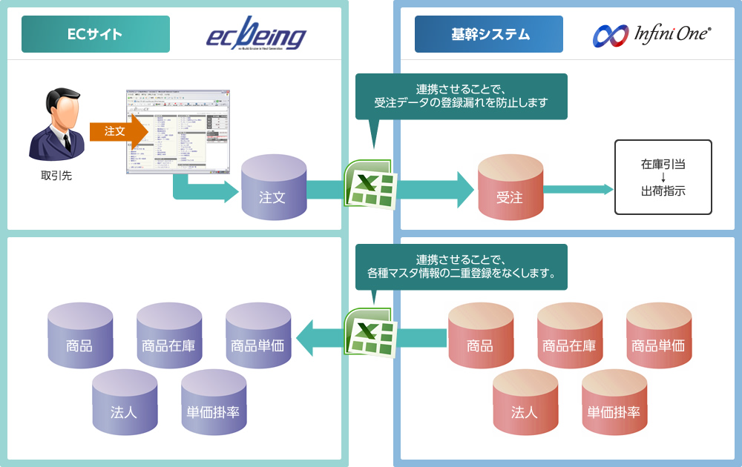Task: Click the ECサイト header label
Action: click(95, 34)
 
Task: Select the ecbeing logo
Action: click(256, 35)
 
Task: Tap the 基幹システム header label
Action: click(488, 34)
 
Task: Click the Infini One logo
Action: click(652, 34)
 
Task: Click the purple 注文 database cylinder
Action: click(273, 189)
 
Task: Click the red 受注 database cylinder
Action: click(510, 189)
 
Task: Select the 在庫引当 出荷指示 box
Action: click(663, 177)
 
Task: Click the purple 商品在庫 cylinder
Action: click(169, 337)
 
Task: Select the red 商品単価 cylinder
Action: click(658, 337)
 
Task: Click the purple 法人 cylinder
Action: click(125, 404)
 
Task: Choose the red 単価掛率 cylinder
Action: click(614, 404)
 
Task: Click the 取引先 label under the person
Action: click(56, 176)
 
